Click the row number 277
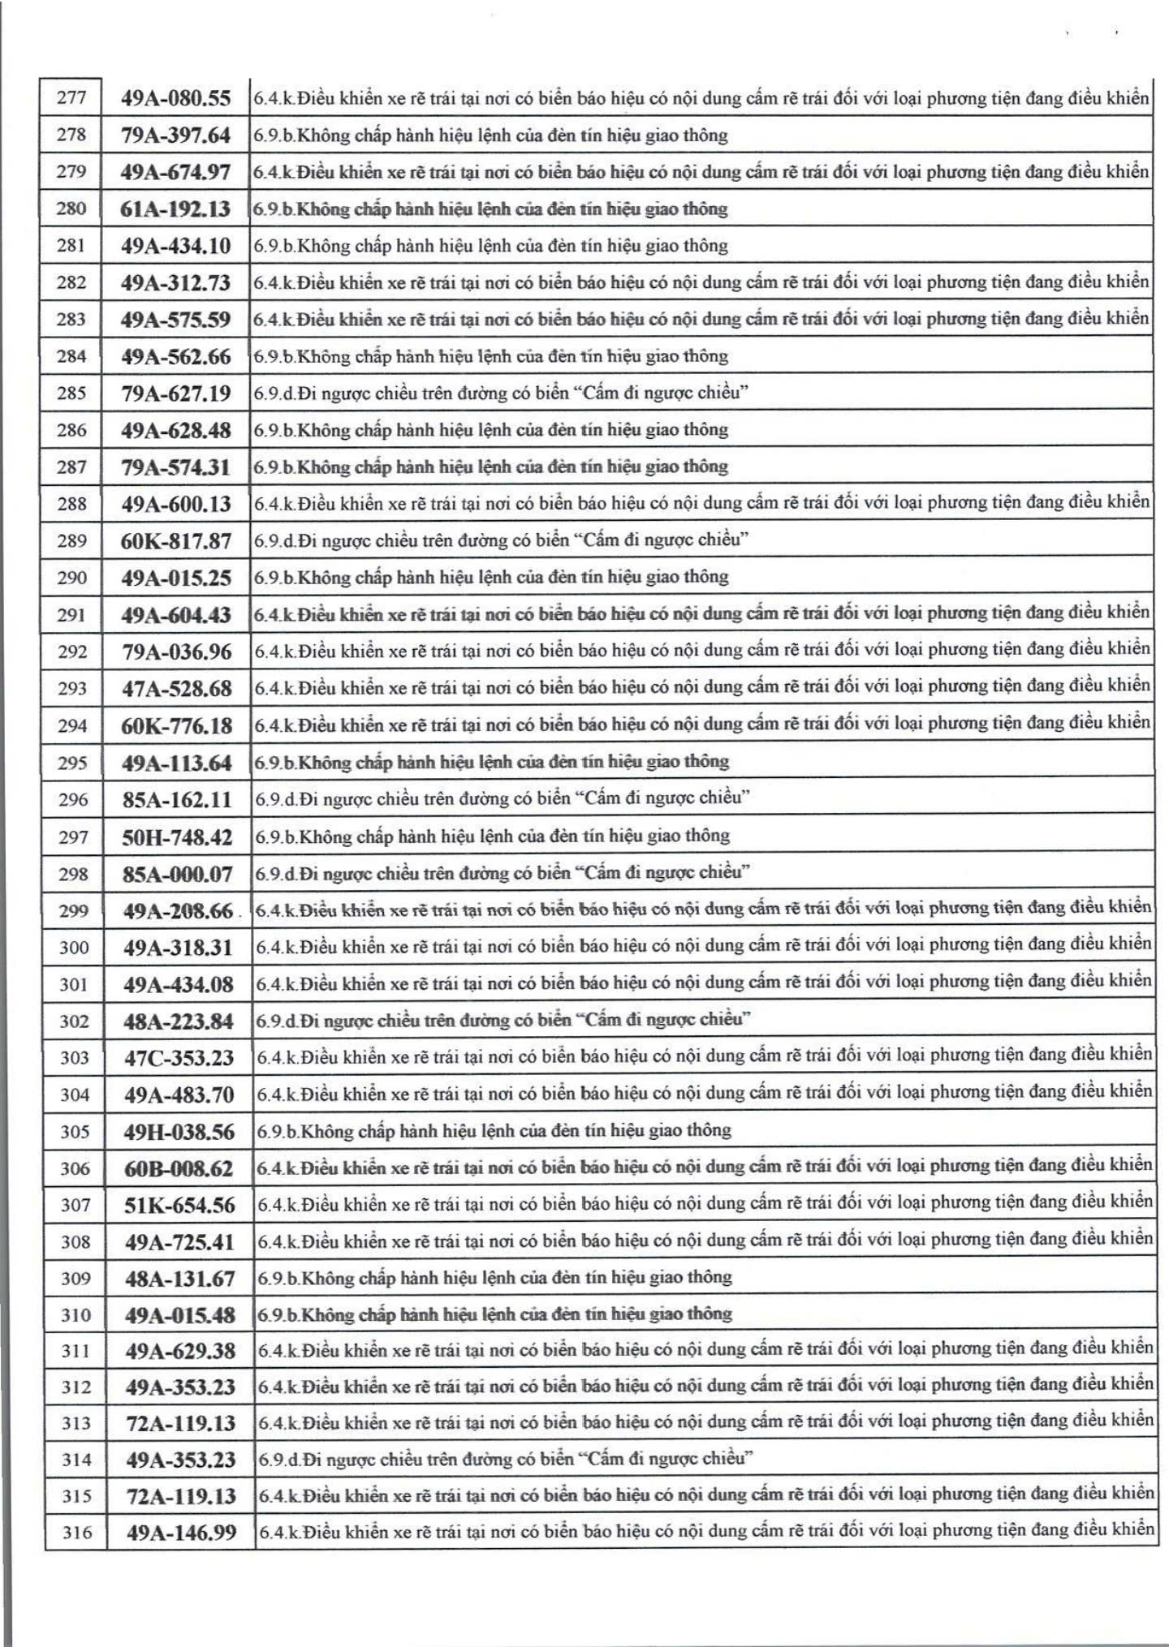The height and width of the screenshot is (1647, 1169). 71,98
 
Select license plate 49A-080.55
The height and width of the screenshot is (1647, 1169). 176,99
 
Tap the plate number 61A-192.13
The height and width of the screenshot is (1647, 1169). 175,209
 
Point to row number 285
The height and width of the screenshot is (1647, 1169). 71,393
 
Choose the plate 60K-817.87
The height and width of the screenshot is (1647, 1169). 176,541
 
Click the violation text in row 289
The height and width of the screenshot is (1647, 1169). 501,540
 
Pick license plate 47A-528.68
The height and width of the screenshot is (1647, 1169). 177,689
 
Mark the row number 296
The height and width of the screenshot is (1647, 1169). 73,800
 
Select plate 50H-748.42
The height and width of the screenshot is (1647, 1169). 177,837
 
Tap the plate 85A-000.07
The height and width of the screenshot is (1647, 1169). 178,875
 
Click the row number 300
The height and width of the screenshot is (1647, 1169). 74,948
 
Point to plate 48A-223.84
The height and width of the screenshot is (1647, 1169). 179,1021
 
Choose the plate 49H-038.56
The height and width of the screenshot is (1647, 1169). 179,1132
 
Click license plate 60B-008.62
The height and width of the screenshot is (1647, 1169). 179,1169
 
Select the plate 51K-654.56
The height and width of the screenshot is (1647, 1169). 179,1206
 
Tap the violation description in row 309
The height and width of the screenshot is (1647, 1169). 495,1278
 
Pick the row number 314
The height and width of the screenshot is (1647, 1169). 76,1460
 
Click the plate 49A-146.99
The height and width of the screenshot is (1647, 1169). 182,1533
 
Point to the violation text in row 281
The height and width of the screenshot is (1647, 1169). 490,246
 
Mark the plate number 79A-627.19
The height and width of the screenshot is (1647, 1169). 176,393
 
